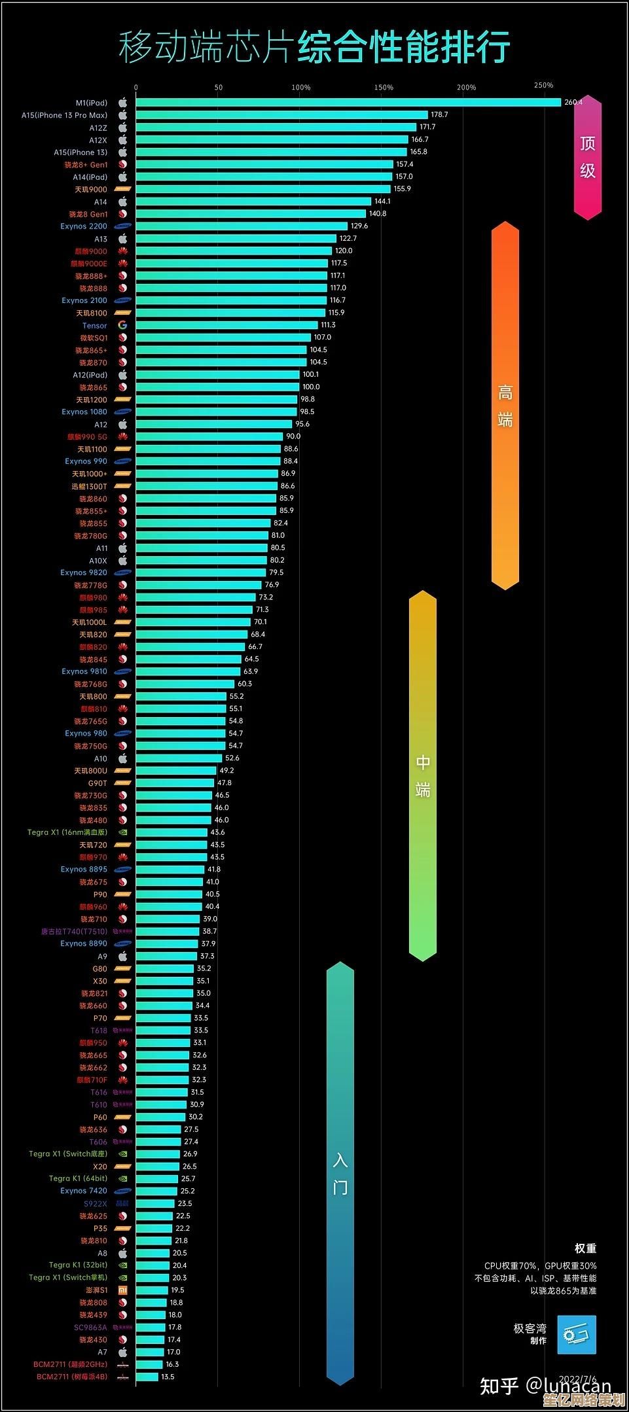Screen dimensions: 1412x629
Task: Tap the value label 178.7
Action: click(x=439, y=115)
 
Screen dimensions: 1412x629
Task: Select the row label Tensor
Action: click(x=95, y=326)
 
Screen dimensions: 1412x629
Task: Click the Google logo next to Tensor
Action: click(x=122, y=325)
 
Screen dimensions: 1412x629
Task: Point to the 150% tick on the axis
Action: click(x=384, y=88)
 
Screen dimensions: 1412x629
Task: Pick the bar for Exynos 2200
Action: click(x=242, y=226)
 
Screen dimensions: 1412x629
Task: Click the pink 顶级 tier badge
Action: click(x=587, y=157)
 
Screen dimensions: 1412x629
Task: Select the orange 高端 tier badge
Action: click(x=505, y=406)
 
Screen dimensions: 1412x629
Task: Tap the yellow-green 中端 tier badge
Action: click(x=422, y=775)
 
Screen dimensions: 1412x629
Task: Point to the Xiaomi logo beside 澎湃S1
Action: click(x=122, y=1290)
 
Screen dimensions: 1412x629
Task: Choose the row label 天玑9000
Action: click(x=91, y=190)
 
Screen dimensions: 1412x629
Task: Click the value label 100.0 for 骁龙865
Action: click(x=311, y=387)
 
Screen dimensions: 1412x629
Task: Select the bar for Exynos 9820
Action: click(x=200, y=573)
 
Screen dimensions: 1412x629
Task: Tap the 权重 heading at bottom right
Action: click(x=585, y=1248)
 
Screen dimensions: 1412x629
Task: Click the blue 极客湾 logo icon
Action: click(x=577, y=1335)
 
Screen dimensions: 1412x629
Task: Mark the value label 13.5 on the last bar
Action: click(x=168, y=1377)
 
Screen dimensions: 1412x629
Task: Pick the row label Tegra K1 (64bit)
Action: click(x=78, y=1178)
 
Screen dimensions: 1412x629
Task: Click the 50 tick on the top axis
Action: click(x=219, y=88)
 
